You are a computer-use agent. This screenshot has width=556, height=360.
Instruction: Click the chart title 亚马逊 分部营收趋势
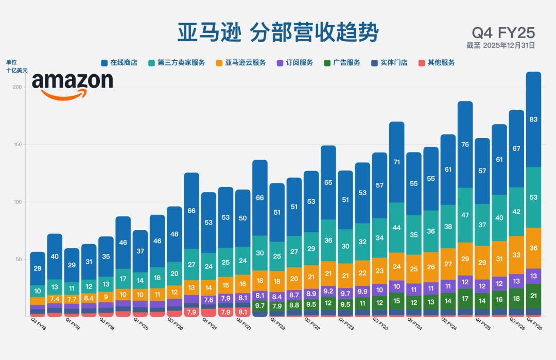pyautogui.click(x=278, y=32)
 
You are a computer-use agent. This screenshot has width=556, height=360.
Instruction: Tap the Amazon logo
pyautogui.click(x=72, y=85)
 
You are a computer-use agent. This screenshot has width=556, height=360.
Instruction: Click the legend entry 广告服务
pyautogui.click(x=342, y=63)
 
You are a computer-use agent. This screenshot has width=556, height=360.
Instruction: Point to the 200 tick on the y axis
pyautogui.click(x=17, y=88)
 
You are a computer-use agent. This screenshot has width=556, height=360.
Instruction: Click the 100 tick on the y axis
pyautogui.click(x=17, y=202)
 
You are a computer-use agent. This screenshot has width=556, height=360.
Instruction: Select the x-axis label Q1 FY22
pyautogui.click(x=278, y=325)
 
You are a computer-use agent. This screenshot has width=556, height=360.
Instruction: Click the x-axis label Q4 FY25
pyautogui.click(x=534, y=325)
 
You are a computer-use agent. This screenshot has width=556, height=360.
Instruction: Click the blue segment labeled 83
pyautogui.click(x=534, y=119)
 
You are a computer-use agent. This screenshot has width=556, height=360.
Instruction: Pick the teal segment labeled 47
pyautogui.click(x=465, y=215)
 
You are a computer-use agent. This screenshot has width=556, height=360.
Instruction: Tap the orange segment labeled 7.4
pyautogui.click(x=55, y=299)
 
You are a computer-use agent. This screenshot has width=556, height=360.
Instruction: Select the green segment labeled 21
pyautogui.click(x=534, y=296)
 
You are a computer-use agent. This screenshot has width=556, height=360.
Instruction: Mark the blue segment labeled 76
pyautogui.click(x=465, y=144)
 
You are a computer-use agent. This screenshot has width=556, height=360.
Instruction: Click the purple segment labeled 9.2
pyautogui.click(x=328, y=291)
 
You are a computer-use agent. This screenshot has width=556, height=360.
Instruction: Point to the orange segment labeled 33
pyautogui.click(x=516, y=255)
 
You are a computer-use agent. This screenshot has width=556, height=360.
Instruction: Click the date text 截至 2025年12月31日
pyautogui.click(x=500, y=45)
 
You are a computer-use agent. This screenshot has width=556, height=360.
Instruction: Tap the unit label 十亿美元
pyautogui.click(x=17, y=71)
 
